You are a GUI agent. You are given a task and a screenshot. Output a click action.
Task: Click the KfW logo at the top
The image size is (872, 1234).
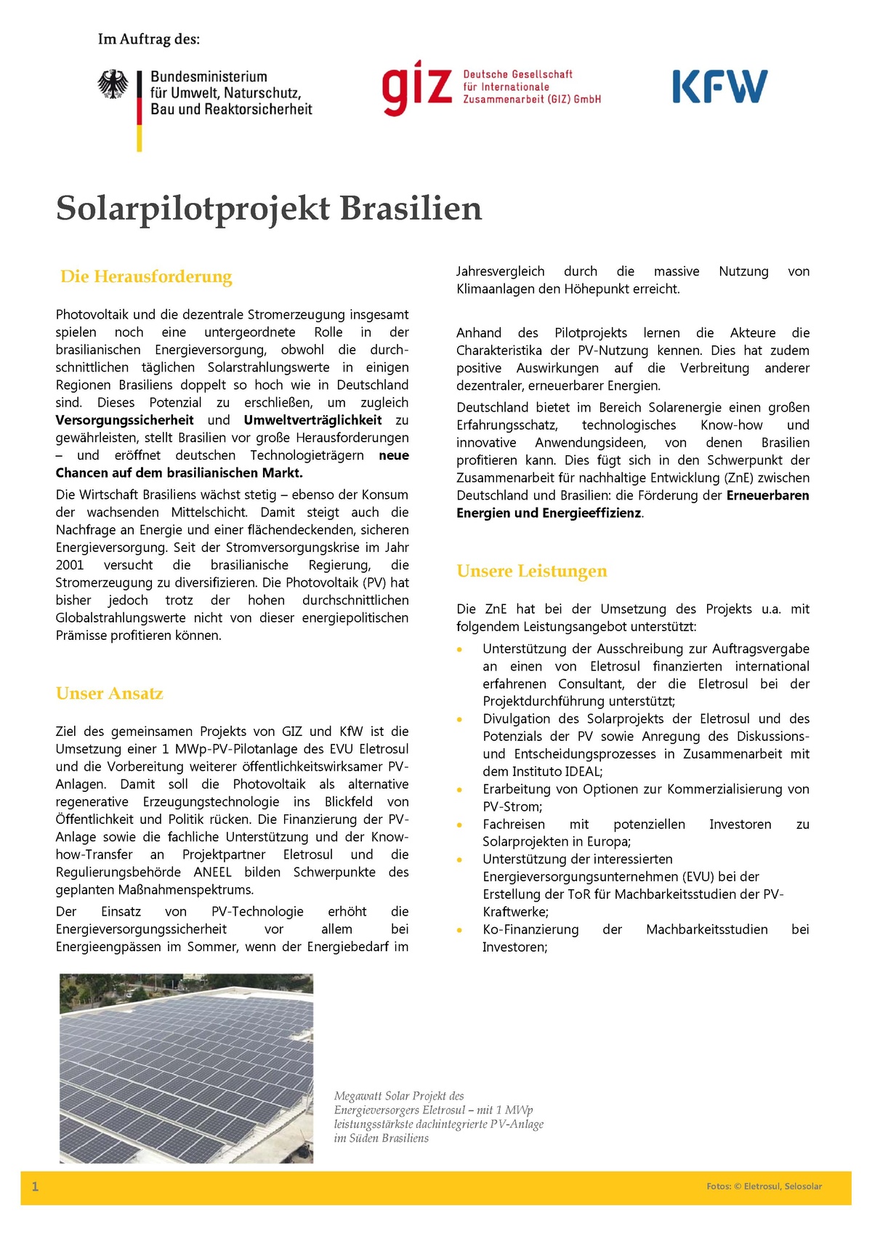[719, 87]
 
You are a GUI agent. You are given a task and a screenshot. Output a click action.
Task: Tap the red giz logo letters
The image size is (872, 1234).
[417, 89]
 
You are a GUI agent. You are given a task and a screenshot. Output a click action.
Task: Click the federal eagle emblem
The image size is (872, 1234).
[113, 84]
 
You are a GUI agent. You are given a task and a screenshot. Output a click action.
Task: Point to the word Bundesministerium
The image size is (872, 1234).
[209, 77]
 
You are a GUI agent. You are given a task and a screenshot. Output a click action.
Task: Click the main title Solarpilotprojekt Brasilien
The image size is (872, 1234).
[269, 209]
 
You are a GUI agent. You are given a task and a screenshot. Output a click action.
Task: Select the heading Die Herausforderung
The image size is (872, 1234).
[146, 276]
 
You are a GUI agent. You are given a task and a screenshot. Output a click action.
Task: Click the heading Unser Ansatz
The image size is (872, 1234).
[109, 693]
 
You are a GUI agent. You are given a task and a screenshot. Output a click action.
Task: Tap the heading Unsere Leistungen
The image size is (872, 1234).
[531, 571]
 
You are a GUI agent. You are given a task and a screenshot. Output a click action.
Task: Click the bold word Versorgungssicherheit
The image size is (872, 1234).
[124, 420]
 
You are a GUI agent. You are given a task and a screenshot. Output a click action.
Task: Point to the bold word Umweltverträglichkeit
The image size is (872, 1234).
[312, 420]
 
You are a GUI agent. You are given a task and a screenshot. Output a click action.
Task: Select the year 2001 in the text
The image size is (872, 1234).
[70, 565]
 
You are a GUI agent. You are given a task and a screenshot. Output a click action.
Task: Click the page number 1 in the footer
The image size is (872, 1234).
[35, 1187]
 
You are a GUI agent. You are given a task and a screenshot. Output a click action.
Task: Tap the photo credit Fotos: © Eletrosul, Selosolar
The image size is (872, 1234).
[764, 1186]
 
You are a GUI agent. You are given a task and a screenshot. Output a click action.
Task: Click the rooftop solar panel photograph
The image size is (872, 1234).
[186, 1067]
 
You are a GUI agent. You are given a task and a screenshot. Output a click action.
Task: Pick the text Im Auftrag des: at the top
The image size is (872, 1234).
[148, 39]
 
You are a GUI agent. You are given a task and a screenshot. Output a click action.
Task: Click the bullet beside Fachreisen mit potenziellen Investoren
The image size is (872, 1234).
[459, 825]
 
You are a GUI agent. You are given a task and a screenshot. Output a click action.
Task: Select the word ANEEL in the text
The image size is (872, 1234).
[213, 872]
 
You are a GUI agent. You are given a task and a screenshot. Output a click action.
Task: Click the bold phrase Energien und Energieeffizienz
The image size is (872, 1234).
[549, 513]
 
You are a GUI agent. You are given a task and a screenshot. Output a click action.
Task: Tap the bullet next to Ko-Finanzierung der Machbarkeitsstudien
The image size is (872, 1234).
[459, 930]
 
